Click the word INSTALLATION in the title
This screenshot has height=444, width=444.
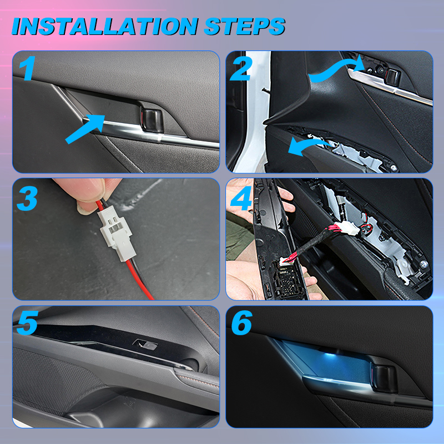click(x=105, y=26)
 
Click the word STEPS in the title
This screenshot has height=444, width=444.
click(x=244, y=26)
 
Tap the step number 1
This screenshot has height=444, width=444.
click(x=27, y=68)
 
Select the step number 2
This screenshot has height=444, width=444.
click(x=241, y=68)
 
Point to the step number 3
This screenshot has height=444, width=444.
click(x=27, y=198)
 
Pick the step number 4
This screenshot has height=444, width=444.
click(x=241, y=198)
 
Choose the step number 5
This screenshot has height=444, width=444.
click(x=27, y=323)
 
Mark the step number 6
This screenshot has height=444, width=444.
click(x=241, y=323)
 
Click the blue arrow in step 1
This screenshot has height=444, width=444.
click(x=85, y=129)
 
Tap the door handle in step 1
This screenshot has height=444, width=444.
click(x=152, y=121)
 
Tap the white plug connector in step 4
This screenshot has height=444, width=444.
click(x=349, y=228)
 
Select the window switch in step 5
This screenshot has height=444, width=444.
click(x=145, y=345)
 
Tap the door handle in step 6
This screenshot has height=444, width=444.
click(x=384, y=379)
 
